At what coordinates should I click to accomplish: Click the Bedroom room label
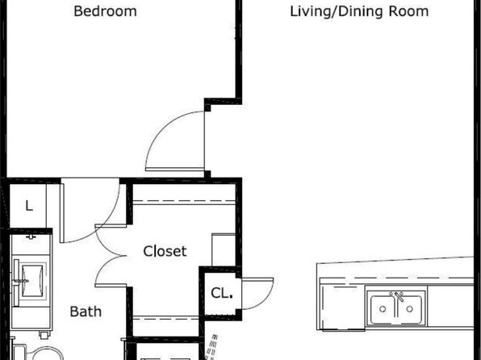[105, 11]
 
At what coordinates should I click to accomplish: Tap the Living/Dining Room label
[359, 11]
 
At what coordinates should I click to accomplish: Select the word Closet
[165, 251]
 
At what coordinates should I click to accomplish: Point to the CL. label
[222, 293]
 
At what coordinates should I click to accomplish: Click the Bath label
[86, 312]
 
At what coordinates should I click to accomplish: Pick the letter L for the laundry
[29, 206]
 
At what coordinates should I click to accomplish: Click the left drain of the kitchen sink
[383, 309]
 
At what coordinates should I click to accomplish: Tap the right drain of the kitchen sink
[409, 309]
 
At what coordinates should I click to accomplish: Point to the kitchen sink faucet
[399, 297]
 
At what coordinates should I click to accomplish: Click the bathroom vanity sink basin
[32, 281]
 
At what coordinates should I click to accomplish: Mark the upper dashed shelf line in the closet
[184, 202]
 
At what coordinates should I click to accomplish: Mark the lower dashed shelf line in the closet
[166, 319]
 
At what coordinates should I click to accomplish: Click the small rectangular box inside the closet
[224, 249]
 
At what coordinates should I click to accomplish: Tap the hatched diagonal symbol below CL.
[211, 347]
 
